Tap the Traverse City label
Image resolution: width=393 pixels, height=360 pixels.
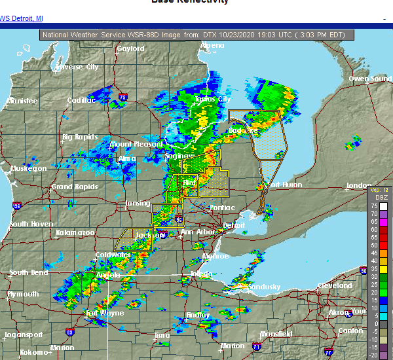pos(77,67)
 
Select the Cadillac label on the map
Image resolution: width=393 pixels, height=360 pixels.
pos(81,100)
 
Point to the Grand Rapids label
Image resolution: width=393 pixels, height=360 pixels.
pos(71,187)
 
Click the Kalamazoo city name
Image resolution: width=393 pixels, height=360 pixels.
pos(75,232)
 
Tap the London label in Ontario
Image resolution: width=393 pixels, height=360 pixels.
pos(358,186)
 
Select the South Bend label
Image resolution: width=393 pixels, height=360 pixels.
pos(28,272)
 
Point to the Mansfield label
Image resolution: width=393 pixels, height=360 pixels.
pos(275,334)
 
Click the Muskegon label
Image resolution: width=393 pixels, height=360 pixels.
pos(28,169)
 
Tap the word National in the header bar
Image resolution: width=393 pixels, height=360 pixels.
pos(60,35)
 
